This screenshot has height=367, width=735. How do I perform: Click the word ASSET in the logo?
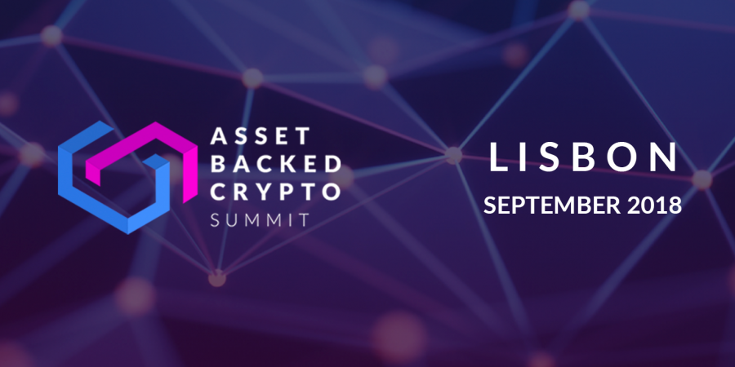pos(261,135)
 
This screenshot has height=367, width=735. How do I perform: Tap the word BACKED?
pos(275,164)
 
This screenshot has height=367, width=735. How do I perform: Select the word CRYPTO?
pos(275,192)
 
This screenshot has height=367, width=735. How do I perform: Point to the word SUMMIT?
pos(260,219)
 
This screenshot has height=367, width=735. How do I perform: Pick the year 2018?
pos(654,205)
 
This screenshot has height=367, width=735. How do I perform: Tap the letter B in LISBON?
pos(585,157)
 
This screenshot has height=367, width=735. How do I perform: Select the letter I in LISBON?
pos(524,157)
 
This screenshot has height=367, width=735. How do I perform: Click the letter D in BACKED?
pos(331,164)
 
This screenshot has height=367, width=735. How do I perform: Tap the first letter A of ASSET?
pos(219,135)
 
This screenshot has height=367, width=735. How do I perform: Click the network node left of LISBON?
pos(453,156)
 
